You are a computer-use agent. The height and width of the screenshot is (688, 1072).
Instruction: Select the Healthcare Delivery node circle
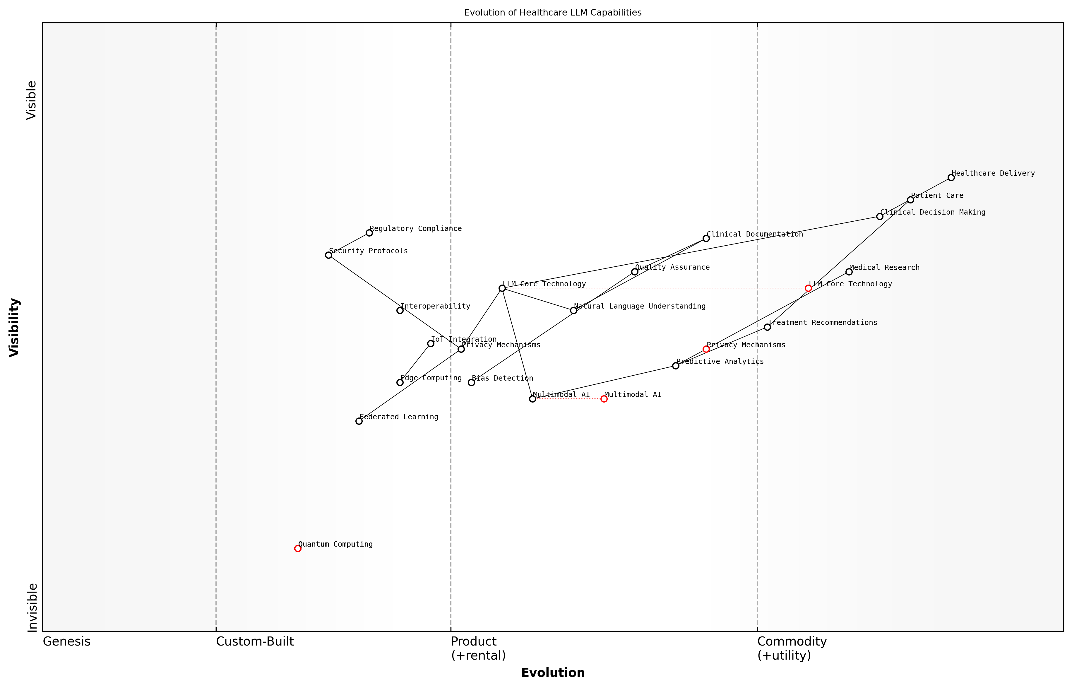(x=951, y=178)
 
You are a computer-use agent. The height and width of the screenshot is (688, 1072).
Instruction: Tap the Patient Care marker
(x=910, y=200)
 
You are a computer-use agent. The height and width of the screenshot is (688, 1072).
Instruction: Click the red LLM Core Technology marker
(x=808, y=288)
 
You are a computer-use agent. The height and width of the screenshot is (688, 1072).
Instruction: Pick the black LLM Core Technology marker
(x=502, y=288)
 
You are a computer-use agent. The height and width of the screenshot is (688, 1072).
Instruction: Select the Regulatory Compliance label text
(x=415, y=229)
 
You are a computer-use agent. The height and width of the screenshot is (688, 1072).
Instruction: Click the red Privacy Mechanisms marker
(x=706, y=349)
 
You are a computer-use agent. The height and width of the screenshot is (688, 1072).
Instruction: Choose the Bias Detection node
(x=471, y=382)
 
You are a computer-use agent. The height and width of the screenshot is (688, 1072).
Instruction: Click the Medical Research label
(x=884, y=268)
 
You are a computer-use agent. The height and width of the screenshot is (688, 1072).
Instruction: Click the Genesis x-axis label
(x=66, y=641)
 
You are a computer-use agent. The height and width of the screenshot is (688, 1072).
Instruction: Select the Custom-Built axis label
(x=255, y=641)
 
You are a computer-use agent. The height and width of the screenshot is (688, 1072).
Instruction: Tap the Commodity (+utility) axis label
(x=792, y=648)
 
